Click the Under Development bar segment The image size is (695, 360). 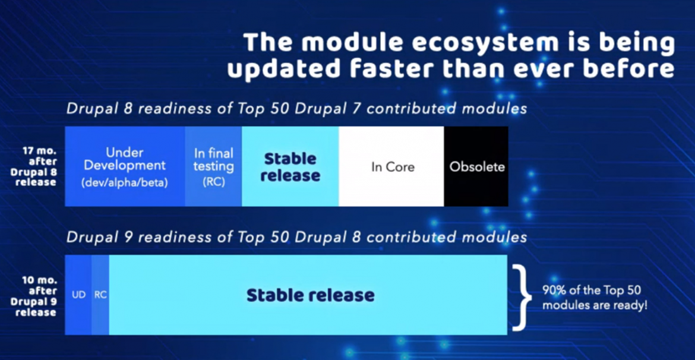pyautogui.click(x=125, y=166)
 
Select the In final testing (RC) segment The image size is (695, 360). pyautogui.click(x=214, y=166)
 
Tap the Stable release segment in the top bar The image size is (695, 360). pyautogui.click(x=290, y=166)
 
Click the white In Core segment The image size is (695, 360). pyautogui.click(x=391, y=166)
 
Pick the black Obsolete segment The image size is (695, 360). pyautogui.click(x=476, y=166)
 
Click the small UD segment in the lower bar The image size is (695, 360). pyautogui.click(x=78, y=295)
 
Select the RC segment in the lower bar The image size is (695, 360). pyautogui.click(x=100, y=295)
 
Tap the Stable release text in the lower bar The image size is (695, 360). pyautogui.click(x=310, y=295)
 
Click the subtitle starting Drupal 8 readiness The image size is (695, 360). pyautogui.click(x=296, y=109)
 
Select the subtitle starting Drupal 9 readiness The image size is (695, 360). pyautogui.click(x=296, y=237)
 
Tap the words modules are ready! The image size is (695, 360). pyautogui.click(x=595, y=305)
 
